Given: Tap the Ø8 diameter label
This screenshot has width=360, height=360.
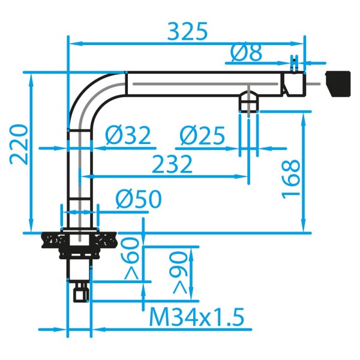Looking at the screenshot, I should [x=246, y=54].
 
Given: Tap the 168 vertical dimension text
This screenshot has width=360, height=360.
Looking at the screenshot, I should [x=291, y=178].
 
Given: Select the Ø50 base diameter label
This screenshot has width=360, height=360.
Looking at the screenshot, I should [x=138, y=199].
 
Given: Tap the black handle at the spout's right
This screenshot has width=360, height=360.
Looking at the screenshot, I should [x=337, y=83].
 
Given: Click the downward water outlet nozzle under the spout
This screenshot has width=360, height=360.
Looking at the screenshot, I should [x=248, y=101].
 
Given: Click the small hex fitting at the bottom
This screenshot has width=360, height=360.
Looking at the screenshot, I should [x=80, y=292].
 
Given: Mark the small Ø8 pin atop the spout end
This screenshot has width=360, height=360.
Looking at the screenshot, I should [x=293, y=64].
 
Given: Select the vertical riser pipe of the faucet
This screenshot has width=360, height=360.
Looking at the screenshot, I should [x=79, y=174].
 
